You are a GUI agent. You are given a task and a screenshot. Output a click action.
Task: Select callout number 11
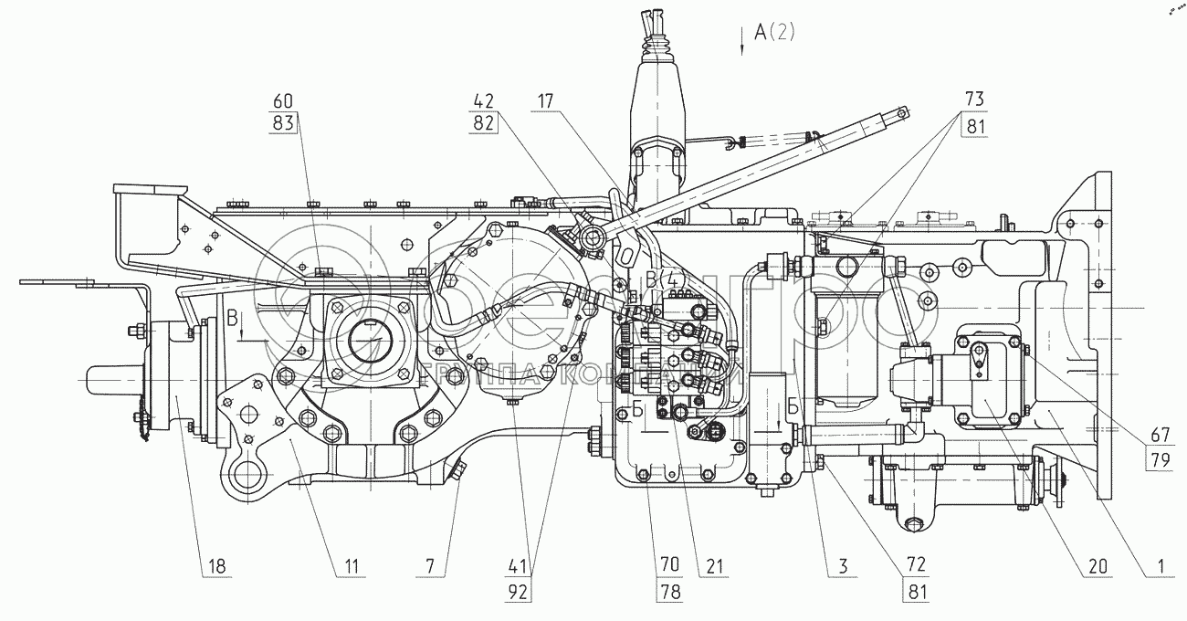[x=346, y=566]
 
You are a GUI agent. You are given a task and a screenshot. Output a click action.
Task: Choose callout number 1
[x=1160, y=566]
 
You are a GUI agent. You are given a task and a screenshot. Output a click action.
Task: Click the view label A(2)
[x=775, y=34]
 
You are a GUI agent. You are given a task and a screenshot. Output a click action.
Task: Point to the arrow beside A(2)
[x=743, y=43]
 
